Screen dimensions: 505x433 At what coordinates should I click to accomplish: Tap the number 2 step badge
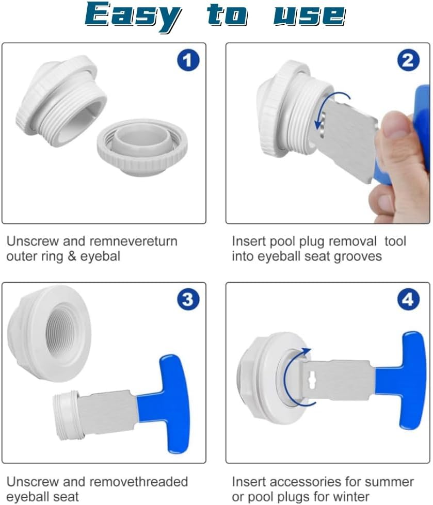(408, 61)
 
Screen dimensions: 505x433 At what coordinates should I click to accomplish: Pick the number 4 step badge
(408, 300)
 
